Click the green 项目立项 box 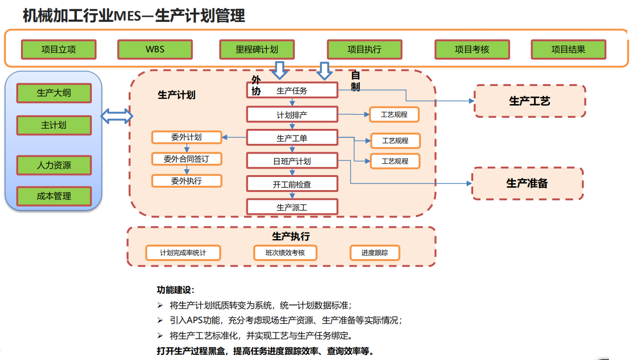tap(59, 49)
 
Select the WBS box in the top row tap(155, 49)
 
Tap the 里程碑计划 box tap(257, 49)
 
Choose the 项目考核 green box tap(472, 49)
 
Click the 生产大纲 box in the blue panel tap(54, 93)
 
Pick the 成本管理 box tap(54, 196)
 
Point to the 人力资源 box tap(54, 165)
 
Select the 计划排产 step tap(292, 114)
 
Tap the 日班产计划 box tap(292, 161)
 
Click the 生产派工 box tap(292, 207)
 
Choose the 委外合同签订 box tap(187, 159)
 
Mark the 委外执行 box tap(187, 181)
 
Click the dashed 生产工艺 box tap(530, 101)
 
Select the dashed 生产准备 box tap(527, 184)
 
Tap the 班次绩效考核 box tap(285, 253)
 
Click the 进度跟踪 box tap(375, 253)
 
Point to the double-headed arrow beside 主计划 tap(117, 116)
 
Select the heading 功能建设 tap(175, 290)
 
